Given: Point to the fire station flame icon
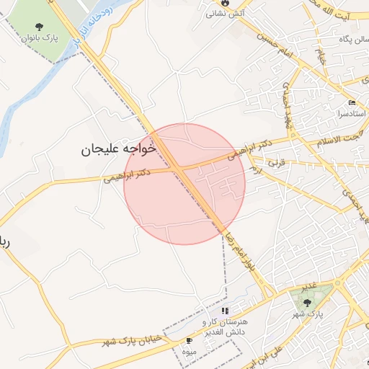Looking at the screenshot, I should (x=225, y=3).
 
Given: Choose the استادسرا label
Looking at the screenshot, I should (x=352, y=114).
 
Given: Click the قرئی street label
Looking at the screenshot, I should (x=277, y=164).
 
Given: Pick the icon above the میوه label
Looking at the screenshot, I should (x=190, y=340).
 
